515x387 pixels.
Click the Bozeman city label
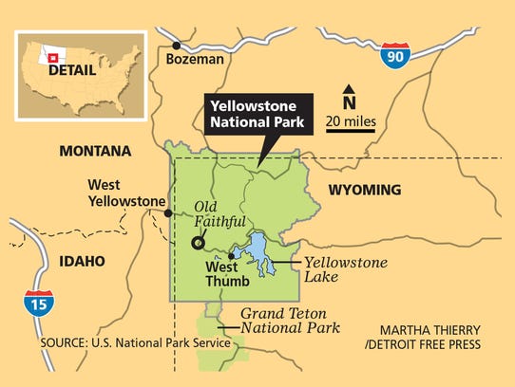[x=195, y=59]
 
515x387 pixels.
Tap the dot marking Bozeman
[x=177, y=44]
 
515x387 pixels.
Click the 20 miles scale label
[x=351, y=121]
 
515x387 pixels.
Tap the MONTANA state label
[x=95, y=151]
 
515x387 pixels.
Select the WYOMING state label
[x=365, y=190]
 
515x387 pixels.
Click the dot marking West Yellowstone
[x=167, y=213]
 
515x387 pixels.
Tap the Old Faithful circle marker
[x=198, y=243]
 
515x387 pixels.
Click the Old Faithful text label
[x=219, y=214]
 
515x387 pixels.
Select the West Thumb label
[x=228, y=274]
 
